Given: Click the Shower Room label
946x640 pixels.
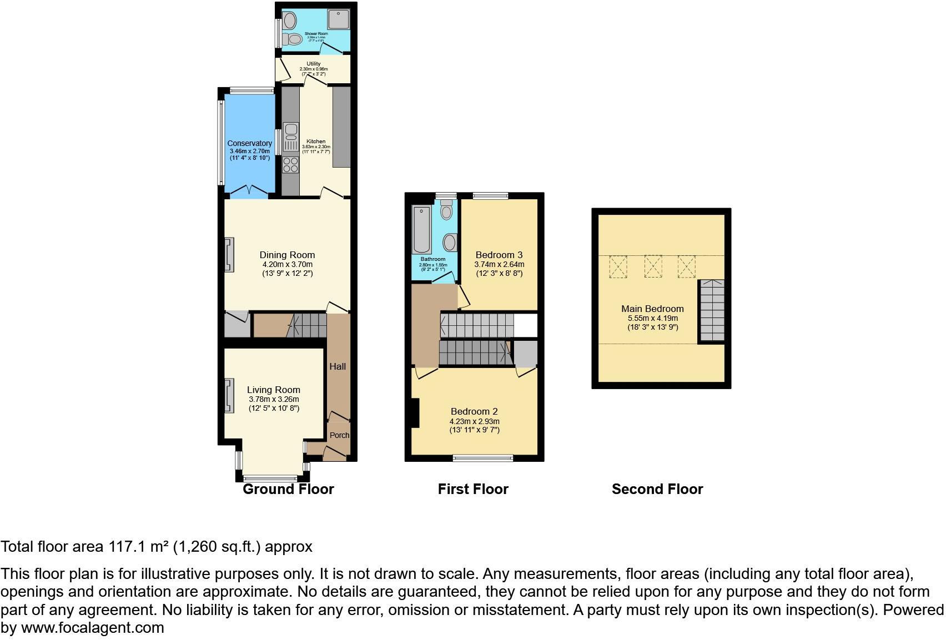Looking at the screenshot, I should point(316,34).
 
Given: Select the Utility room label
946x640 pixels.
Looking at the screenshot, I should point(313,64).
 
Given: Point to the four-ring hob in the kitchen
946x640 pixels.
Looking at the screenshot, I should point(290,165).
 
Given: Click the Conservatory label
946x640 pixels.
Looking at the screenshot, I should point(249,143).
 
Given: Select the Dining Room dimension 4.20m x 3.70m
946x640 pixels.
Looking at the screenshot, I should point(287,265).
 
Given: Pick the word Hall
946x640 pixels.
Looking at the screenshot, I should point(338,366).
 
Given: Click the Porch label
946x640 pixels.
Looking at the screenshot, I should point(339,435).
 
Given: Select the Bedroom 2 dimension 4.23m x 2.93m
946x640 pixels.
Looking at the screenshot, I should point(474,421).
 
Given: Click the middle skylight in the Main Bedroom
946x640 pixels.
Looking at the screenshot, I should point(653,266).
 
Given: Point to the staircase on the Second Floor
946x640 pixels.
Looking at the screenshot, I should point(712,311).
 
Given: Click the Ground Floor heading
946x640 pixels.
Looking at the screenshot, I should point(288,489).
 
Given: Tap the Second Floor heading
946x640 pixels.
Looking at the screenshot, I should point(657,489).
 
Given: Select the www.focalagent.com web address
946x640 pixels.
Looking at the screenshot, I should point(92,628).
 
